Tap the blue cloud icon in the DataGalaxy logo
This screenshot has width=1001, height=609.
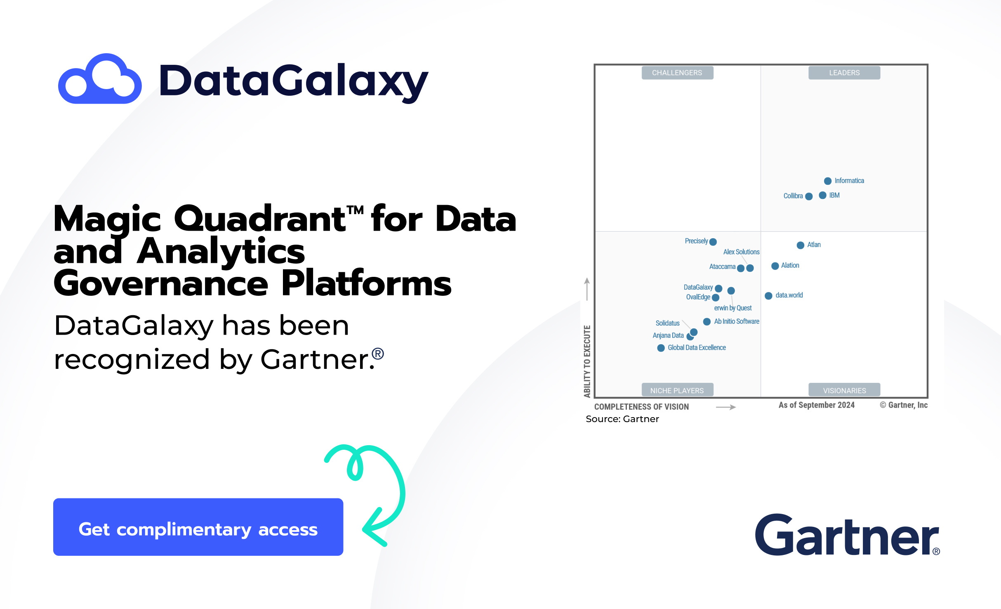(x=100, y=79)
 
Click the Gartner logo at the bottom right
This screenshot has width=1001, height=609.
(x=847, y=535)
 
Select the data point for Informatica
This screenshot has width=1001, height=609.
(x=827, y=181)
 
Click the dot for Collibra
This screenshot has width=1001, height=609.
(x=809, y=196)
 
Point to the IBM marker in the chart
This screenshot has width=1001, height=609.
(x=822, y=195)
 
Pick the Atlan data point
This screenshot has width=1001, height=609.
(x=800, y=245)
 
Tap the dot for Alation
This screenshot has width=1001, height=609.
(x=775, y=266)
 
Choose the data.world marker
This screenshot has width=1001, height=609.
(x=768, y=296)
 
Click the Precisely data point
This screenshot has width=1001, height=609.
(x=713, y=242)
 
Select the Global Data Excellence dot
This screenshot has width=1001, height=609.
(x=661, y=348)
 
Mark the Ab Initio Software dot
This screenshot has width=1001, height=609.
(x=707, y=322)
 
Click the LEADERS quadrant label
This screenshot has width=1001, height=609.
(x=844, y=73)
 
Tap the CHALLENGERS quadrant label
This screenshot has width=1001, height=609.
(x=677, y=73)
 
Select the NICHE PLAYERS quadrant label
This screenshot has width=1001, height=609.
(x=677, y=390)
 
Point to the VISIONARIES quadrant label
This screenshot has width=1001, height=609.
(x=844, y=390)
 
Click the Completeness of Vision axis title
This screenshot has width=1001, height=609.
(x=641, y=407)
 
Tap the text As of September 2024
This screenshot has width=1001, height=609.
(x=816, y=405)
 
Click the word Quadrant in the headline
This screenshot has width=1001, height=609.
(x=260, y=219)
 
